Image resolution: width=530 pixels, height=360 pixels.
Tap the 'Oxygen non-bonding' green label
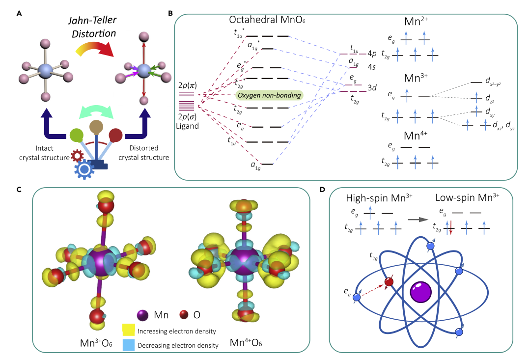(x=269, y=95)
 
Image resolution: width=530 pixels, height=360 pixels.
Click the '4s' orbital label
(x=372, y=65)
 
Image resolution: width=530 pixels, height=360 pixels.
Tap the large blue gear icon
(x=84, y=169)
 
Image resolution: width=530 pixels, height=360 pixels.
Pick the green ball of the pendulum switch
(x=77, y=135)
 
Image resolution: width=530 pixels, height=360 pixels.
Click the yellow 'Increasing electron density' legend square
(x=129, y=332)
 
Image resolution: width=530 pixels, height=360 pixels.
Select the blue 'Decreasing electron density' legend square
(x=129, y=345)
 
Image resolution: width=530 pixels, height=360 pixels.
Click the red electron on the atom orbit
(x=389, y=282)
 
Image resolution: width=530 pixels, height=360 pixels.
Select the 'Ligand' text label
(x=190, y=126)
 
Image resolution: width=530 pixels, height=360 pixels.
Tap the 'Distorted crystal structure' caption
(x=146, y=153)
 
